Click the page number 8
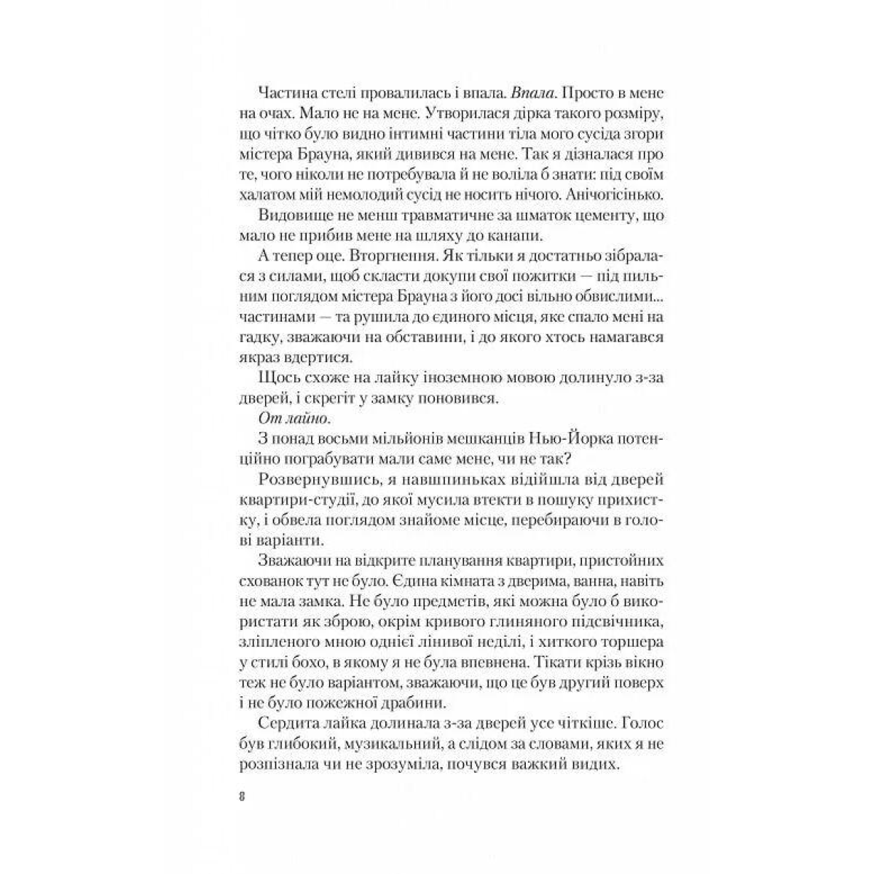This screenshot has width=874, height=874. tap(241, 795)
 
